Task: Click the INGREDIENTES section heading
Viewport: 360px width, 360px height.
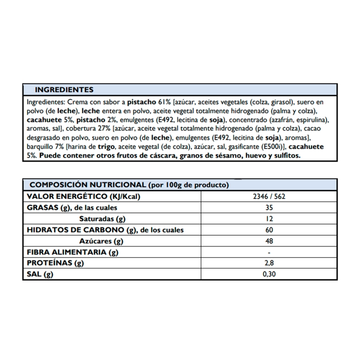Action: (x=64, y=90)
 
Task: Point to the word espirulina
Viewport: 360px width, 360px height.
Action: (x=311, y=120)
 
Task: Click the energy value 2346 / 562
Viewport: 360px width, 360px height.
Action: (x=269, y=196)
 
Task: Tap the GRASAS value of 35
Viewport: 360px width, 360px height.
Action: (x=269, y=208)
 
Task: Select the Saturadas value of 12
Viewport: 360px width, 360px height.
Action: (x=269, y=218)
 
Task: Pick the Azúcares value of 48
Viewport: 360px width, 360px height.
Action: (x=269, y=241)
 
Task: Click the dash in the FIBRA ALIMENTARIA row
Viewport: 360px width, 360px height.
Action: (x=269, y=252)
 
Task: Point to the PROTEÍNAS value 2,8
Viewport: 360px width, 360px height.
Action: (x=269, y=263)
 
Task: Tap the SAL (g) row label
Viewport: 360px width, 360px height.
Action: (x=38, y=274)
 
